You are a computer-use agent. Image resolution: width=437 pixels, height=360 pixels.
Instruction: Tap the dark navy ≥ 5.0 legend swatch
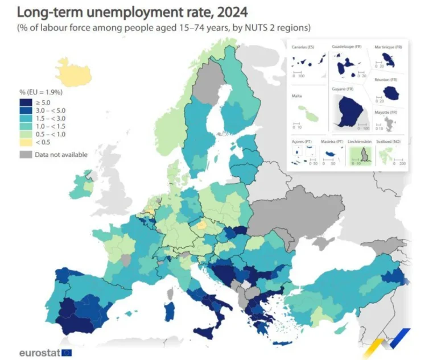coord(26,102)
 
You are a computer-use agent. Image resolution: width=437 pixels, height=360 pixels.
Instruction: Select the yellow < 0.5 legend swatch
coord(26,142)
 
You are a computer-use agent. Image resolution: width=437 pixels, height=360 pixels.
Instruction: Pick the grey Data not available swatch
coord(26,154)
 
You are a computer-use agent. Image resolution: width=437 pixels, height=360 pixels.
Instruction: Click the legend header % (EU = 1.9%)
coord(40,92)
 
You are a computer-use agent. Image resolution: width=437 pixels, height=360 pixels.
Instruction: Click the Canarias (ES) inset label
coord(302,47)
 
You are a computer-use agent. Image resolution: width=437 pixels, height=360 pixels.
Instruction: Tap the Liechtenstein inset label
coord(361,140)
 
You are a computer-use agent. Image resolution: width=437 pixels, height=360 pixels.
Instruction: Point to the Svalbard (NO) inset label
coord(391,140)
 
